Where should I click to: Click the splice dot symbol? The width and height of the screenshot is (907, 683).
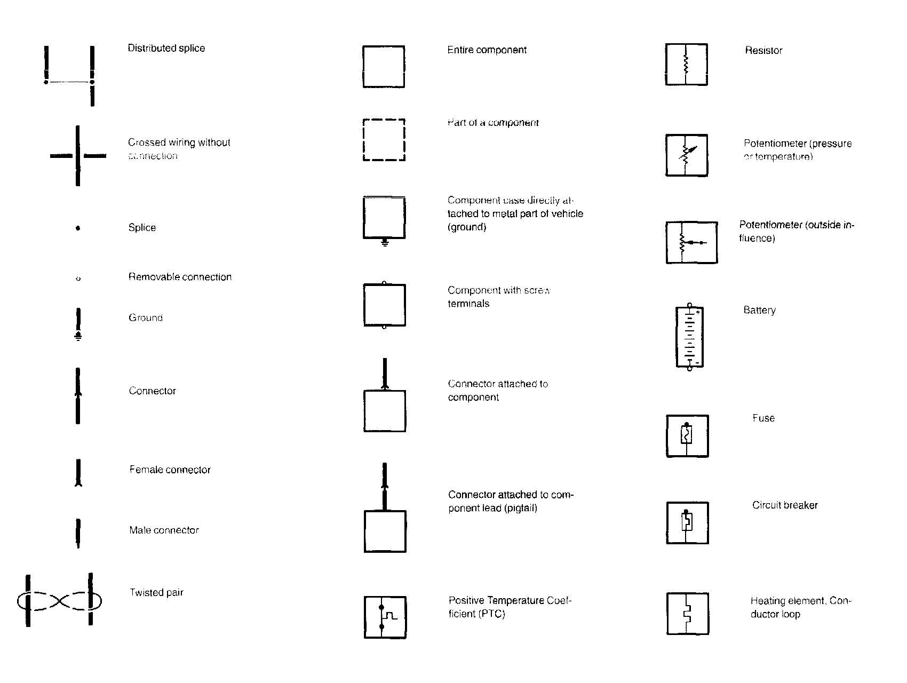click(x=78, y=228)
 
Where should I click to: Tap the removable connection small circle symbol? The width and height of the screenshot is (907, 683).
click(x=78, y=279)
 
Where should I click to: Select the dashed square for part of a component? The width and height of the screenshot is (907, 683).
click(x=384, y=140)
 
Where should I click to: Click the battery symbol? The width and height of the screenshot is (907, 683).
click(x=689, y=337)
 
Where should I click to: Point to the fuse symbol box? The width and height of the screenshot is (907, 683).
click(x=687, y=436)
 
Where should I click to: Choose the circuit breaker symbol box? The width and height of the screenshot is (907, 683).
click(x=687, y=523)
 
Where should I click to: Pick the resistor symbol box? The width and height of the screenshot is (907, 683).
click(x=687, y=65)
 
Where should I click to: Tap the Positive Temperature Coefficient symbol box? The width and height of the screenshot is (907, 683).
click(x=385, y=617)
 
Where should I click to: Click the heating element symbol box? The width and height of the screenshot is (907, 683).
click(x=688, y=614)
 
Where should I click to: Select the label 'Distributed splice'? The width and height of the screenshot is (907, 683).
click(x=166, y=48)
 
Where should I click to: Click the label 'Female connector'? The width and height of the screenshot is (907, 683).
click(x=170, y=470)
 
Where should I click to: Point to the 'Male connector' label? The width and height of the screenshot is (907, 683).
click(x=164, y=530)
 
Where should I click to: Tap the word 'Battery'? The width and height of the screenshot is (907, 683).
click(x=759, y=310)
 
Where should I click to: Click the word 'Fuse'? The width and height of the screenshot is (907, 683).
click(x=763, y=418)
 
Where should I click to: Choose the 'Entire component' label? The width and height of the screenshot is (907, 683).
click(x=487, y=50)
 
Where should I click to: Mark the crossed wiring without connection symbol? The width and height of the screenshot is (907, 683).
click(x=78, y=156)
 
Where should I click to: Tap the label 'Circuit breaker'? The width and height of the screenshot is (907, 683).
click(x=784, y=505)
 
